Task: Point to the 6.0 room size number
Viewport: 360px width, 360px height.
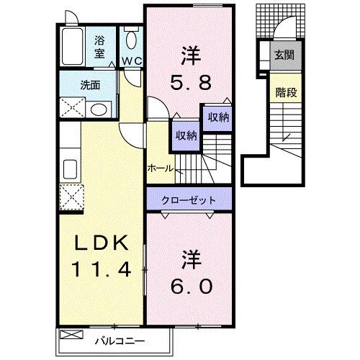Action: tap(191, 286)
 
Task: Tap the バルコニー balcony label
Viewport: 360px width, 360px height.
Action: tap(119, 339)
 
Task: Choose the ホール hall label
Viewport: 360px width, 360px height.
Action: tap(159, 168)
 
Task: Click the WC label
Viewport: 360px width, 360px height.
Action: tap(130, 61)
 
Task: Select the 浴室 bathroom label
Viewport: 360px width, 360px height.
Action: tap(100, 48)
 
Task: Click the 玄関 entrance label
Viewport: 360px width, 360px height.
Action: tap(283, 55)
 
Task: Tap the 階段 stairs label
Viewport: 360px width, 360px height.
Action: tap(283, 92)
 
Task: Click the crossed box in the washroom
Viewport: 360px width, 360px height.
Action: tap(73, 108)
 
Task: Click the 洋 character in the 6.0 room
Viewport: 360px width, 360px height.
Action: tap(190, 257)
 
